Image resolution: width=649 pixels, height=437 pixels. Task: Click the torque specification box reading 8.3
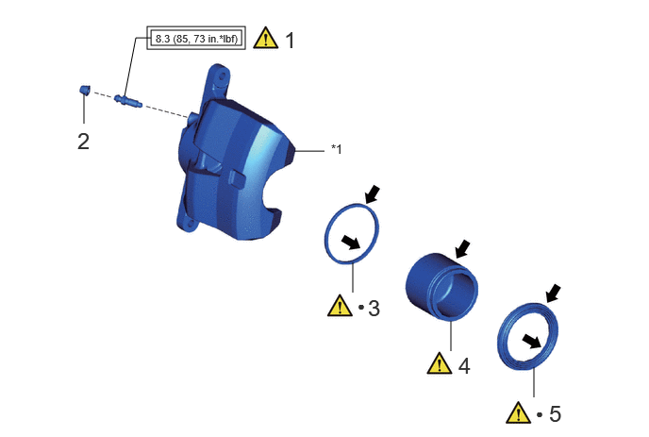[x=196, y=38]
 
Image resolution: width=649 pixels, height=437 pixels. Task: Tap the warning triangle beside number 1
[x=265, y=38]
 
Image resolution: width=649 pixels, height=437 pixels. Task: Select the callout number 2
[x=83, y=142]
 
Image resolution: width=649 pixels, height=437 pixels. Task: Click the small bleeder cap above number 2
[x=85, y=90]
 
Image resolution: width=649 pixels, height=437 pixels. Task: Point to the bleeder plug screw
[x=128, y=101]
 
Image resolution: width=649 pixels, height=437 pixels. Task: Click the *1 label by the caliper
[x=337, y=149]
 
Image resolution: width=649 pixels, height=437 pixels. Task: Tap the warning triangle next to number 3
[x=340, y=306]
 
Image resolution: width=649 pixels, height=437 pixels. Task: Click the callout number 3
[x=374, y=309]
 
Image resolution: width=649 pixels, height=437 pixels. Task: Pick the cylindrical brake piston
[x=441, y=287]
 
